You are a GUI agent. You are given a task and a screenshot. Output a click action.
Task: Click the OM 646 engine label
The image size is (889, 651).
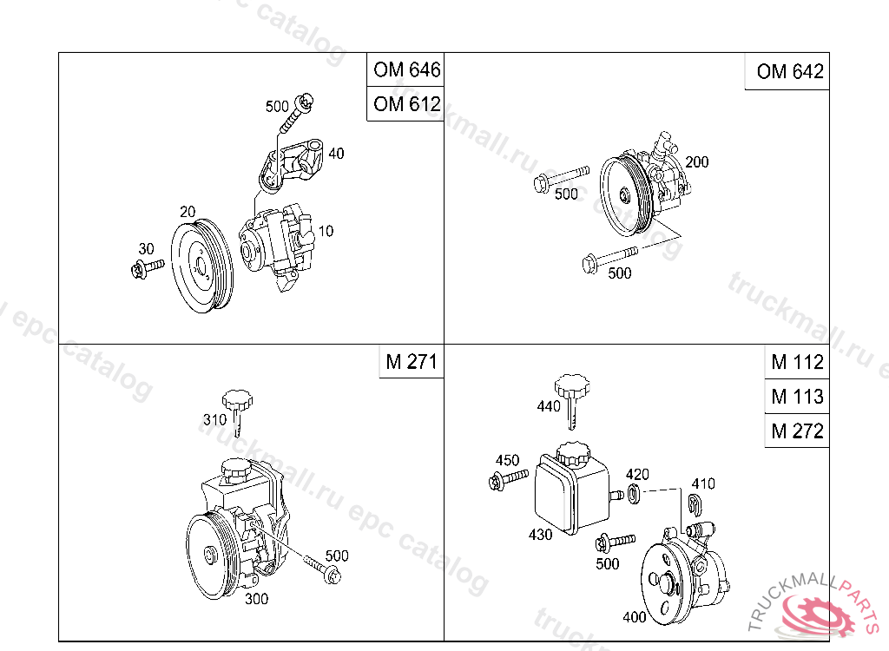tap(406, 69)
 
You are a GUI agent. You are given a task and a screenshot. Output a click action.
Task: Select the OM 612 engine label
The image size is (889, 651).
tap(406, 104)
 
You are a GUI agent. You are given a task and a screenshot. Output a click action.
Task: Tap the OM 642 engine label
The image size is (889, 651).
tap(790, 71)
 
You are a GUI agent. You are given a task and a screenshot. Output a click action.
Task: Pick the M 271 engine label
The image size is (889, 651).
tap(411, 361)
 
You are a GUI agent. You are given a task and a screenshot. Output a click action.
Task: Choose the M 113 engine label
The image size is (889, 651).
tap(797, 397)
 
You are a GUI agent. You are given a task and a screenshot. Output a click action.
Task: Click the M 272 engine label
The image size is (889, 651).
tap(797, 431)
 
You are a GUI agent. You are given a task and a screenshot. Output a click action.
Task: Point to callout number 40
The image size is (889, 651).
tap(336, 153)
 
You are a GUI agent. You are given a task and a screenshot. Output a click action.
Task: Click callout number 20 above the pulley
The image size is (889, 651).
tap(188, 212)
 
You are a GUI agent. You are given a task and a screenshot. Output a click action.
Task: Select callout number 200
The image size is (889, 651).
tap(697, 162)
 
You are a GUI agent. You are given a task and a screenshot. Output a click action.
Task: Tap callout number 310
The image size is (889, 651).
tap(215, 419)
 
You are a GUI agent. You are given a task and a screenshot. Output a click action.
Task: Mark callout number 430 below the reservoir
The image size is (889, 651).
tap(540, 534)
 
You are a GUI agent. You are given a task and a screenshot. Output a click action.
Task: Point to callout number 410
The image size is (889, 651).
tap(703, 483)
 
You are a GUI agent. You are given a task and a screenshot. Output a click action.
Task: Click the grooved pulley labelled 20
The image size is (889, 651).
tap(201, 266)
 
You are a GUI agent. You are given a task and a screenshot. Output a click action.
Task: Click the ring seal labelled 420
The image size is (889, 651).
tap(634, 493)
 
